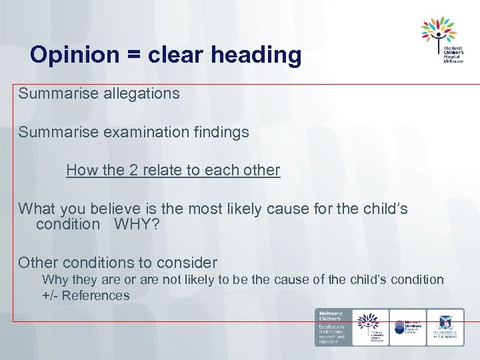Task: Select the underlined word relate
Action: point(162,170)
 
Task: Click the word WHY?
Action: point(137,224)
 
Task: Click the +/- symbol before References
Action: point(51,295)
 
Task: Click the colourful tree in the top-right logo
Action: point(439,32)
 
